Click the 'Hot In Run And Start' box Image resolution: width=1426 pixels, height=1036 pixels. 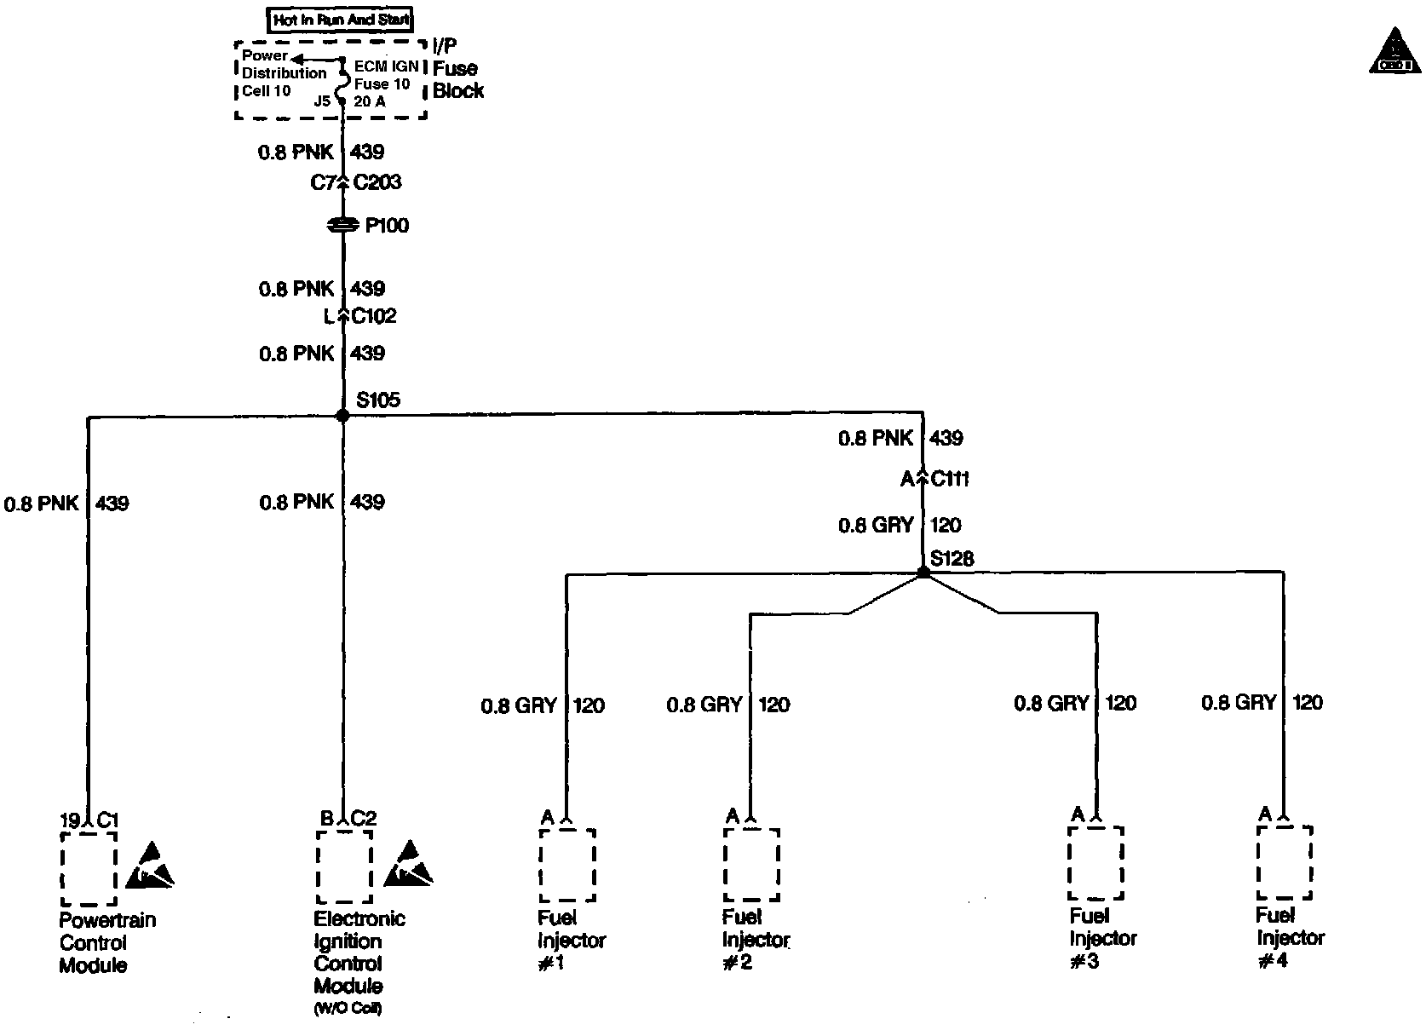(341, 19)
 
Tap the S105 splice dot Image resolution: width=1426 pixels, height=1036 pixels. (342, 416)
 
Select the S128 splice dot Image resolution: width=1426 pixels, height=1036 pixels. (923, 573)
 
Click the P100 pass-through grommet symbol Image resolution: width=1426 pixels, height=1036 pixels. (343, 226)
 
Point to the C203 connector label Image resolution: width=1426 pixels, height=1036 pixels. (377, 182)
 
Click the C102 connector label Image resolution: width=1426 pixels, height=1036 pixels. (374, 316)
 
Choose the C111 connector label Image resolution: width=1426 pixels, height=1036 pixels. (950, 479)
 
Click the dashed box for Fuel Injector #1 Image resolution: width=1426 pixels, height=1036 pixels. (566, 865)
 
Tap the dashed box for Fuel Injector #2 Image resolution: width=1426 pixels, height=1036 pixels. (750, 864)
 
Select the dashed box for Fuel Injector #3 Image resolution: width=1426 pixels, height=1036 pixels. (1095, 862)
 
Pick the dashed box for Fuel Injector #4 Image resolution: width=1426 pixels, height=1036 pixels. (1284, 862)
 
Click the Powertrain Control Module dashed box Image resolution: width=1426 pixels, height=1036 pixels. (89, 868)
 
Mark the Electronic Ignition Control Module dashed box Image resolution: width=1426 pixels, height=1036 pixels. (344, 866)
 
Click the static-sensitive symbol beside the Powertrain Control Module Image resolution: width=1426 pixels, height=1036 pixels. (152, 864)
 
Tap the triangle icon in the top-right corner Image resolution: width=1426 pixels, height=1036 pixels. (1394, 51)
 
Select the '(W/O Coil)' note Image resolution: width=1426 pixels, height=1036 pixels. (348, 1009)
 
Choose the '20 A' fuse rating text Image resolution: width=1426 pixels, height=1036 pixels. (370, 101)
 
